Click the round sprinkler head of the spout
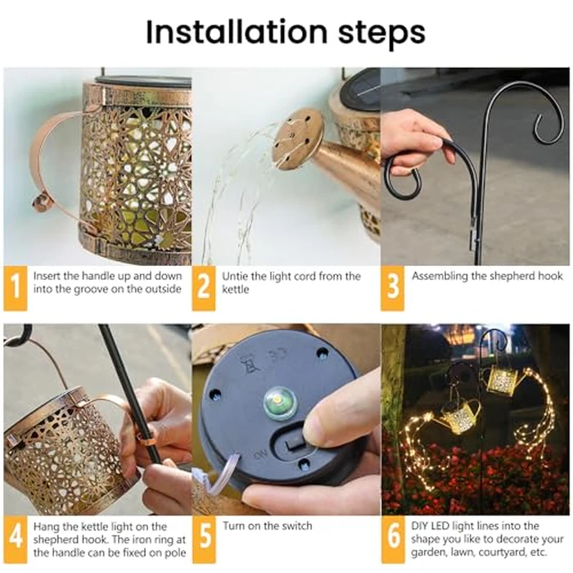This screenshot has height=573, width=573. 297,138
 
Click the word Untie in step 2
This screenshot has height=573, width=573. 237,276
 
